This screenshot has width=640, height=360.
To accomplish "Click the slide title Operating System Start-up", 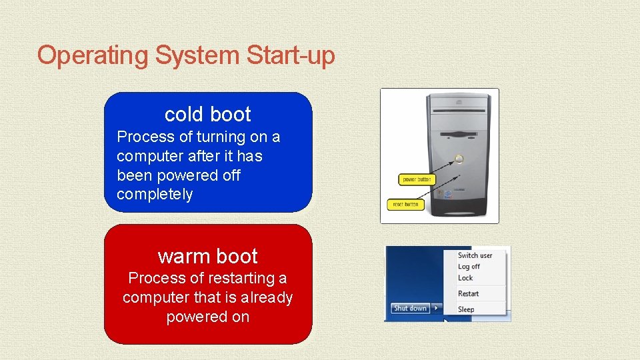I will (x=186, y=55).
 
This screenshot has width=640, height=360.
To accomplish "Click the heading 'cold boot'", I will (x=207, y=115).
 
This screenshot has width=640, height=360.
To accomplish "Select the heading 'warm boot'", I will (x=207, y=256).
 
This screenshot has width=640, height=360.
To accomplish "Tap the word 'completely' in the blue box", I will (x=155, y=195).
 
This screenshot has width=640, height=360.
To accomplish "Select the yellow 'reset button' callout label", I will (x=405, y=204).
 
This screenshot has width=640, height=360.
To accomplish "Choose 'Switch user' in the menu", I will (x=475, y=255).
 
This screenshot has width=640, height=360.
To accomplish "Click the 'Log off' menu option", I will (x=469, y=267).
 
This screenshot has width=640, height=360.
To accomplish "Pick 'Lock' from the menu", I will (x=465, y=278).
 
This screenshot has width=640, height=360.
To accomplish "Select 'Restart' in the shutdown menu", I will (x=468, y=294).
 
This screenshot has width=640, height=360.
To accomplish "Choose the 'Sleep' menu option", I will (x=466, y=309).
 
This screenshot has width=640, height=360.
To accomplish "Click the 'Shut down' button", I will (x=409, y=308).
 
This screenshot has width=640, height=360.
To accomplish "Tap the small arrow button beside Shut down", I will (x=435, y=308).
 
